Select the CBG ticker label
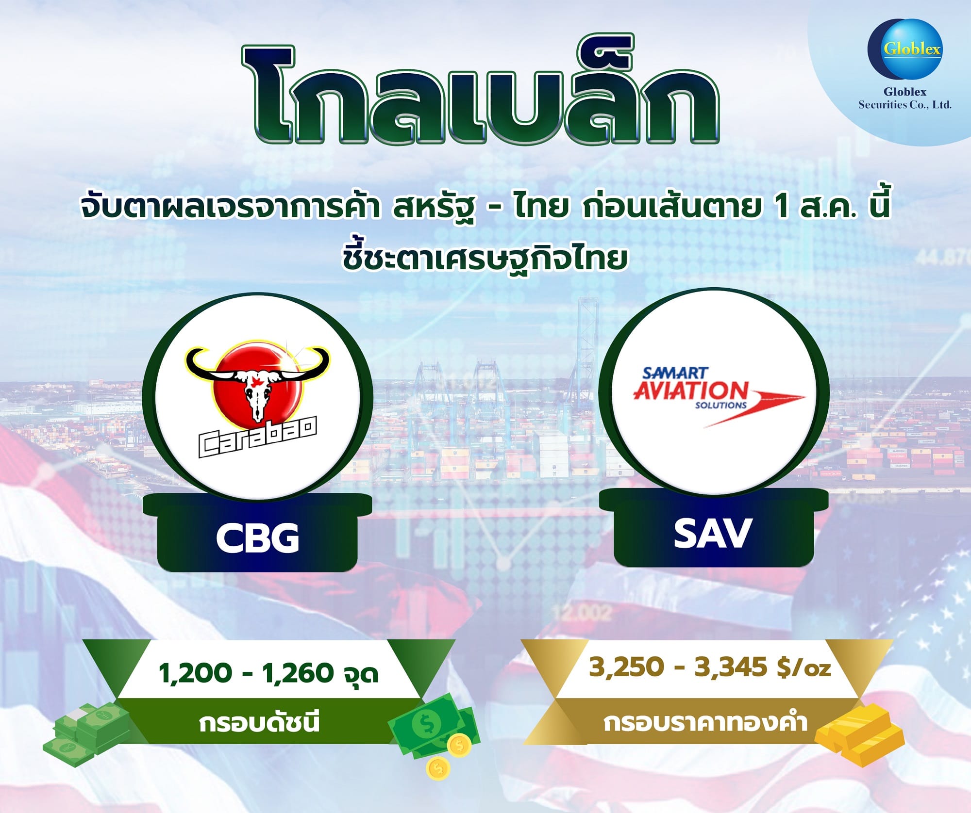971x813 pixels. pyautogui.click(x=257, y=537)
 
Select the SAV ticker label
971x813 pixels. pyautogui.click(x=713, y=533)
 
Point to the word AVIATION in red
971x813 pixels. pyautogui.click(x=690, y=390)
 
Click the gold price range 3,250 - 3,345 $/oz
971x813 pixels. pyautogui.click(x=710, y=667)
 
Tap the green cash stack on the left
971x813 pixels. pyautogui.click(x=87, y=731)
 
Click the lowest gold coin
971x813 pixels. pyautogui.click(x=438, y=767)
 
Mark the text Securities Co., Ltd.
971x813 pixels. pyautogui.click(x=905, y=104)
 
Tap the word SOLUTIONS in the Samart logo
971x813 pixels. pyautogui.click(x=721, y=405)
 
